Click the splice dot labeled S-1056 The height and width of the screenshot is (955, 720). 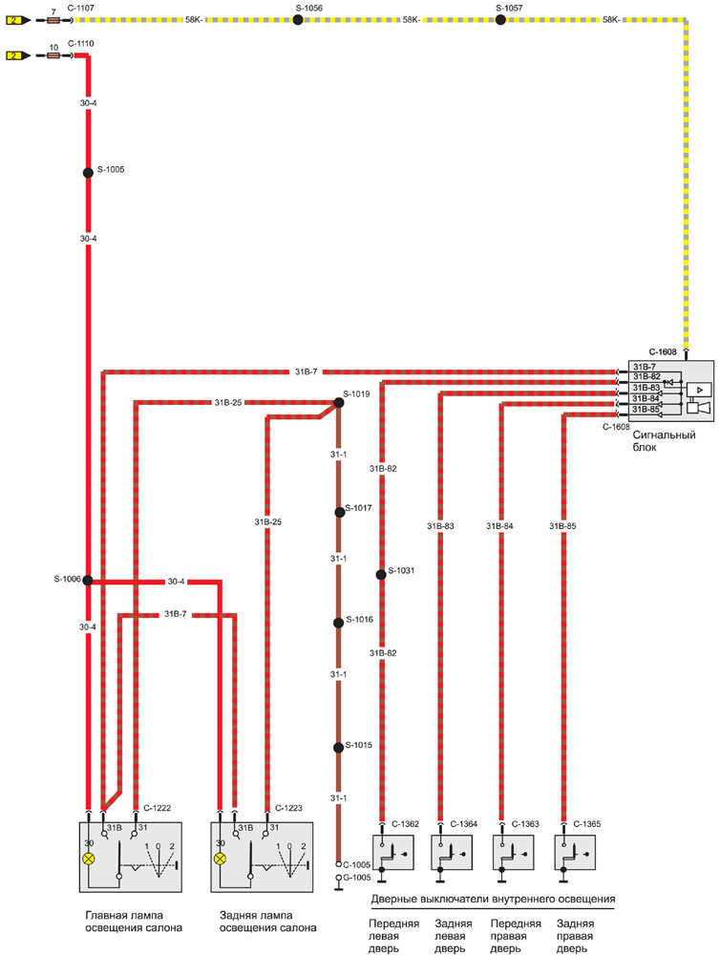point(298,19)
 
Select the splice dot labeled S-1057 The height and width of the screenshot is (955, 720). point(499,19)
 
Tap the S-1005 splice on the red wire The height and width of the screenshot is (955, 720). point(88,173)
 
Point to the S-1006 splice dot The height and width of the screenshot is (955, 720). point(88,580)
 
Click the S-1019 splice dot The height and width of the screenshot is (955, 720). point(338,402)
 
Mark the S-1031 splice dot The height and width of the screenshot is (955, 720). point(380,574)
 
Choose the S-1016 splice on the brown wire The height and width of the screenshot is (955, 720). point(338,623)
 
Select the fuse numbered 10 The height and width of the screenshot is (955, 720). point(53,55)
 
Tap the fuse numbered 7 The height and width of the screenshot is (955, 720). point(53,19)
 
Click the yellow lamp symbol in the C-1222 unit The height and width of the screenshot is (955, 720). point(89,859)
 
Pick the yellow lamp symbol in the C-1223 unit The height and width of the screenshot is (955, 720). point(221,859)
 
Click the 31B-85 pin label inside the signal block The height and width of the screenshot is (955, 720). point(646,410)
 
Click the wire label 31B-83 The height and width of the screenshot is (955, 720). point(440,525)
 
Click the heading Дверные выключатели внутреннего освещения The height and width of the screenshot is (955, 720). point(493,900)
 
